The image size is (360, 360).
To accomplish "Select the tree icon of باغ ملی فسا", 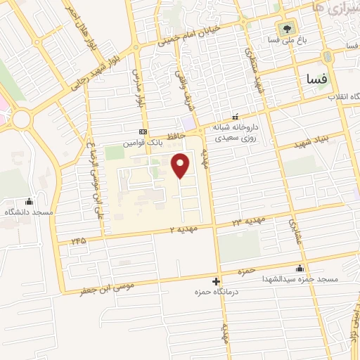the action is pos(286,30).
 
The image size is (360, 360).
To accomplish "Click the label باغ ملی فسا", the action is pos(288,41).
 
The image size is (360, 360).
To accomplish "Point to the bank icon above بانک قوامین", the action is pos(143,132).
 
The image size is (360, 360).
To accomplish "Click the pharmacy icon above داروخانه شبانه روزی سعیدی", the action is pos(236,117).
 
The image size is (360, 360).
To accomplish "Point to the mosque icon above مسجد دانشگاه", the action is pos(28,201).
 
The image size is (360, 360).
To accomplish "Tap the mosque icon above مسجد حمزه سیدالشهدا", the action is pos(301,268).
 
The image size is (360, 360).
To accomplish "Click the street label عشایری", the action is pos(292,231).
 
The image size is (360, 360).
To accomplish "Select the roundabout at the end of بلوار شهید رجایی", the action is pos(22,119).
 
